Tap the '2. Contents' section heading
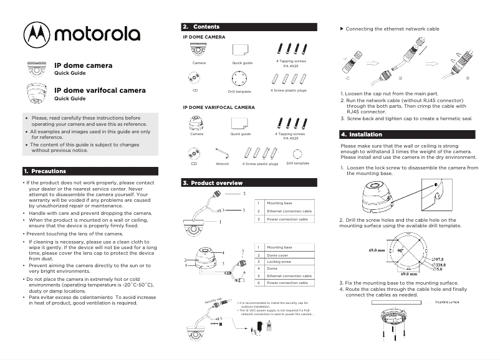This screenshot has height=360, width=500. pos(201,27)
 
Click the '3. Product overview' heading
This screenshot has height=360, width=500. pos(213,183)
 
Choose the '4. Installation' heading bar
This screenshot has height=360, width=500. pos(362,135)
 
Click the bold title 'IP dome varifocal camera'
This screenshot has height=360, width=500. pos(100,90)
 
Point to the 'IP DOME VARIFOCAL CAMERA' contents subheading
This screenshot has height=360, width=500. pos(218,107)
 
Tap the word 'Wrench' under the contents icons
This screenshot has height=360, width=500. pos(222,163)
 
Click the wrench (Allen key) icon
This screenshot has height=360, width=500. pos(222,153)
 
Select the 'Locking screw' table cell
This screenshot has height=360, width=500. pos(279,262)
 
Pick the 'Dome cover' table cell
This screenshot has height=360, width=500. pos(277,255)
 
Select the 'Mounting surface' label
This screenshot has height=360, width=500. pos(446,301)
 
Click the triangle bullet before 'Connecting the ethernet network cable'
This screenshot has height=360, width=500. pos(341,29)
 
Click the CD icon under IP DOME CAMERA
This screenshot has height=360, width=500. pos(195,78)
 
